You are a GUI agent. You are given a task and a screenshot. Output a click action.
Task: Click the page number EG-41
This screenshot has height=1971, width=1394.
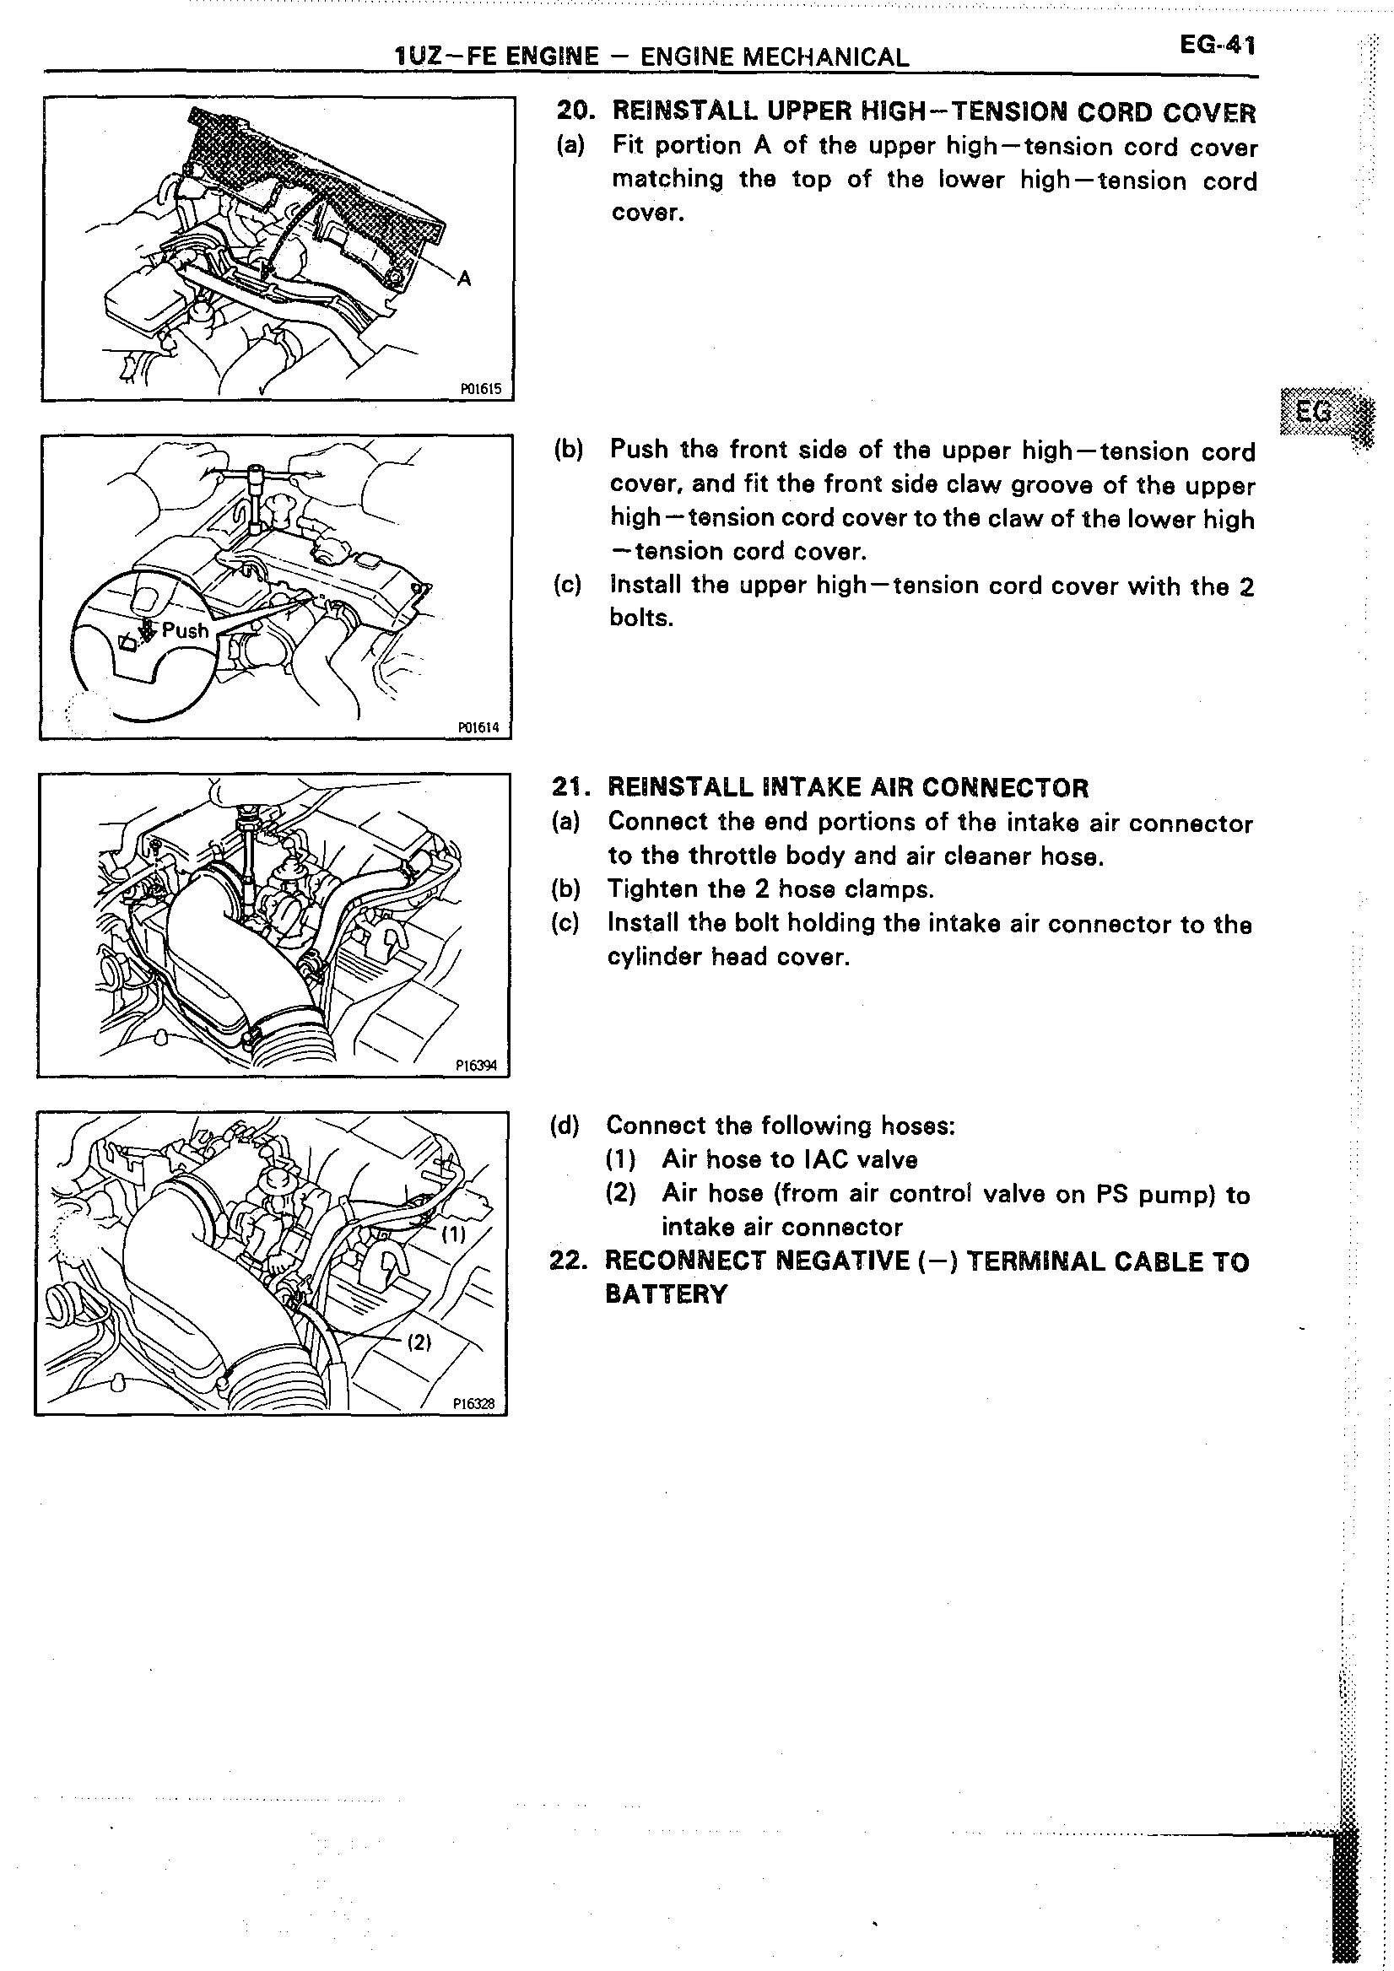click(x=1217, y=46)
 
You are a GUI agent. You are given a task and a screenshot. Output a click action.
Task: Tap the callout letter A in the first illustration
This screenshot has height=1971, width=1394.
click(x=464, y=278)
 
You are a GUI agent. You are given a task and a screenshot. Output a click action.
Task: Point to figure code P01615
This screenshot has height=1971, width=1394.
click(x=481, y=389)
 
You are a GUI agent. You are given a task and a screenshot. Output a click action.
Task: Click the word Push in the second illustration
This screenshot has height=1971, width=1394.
click(x=186, y=631)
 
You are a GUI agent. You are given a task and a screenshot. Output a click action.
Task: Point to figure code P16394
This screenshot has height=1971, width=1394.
click(x=477, y=1066)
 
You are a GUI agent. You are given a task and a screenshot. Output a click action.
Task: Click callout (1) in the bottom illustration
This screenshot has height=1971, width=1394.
click(x=452, y=1234)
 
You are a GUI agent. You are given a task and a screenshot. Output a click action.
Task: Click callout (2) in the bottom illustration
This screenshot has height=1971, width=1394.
click(x=418, y=1342)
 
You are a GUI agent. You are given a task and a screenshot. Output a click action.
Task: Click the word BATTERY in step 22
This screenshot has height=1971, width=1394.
click(x=666, y=1294)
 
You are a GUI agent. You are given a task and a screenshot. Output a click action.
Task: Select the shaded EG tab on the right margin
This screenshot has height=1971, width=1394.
click(x=1315, y=413)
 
